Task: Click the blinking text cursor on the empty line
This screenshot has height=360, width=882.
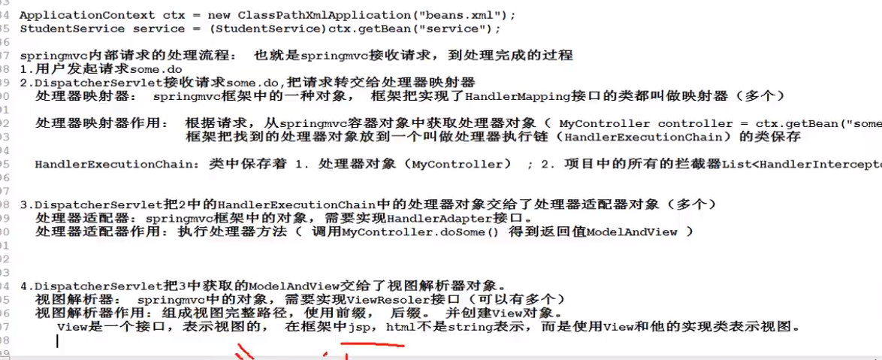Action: (57, 340)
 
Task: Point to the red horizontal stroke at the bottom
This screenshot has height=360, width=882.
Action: (373, 346)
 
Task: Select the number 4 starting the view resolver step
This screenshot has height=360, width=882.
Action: (23, 286)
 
